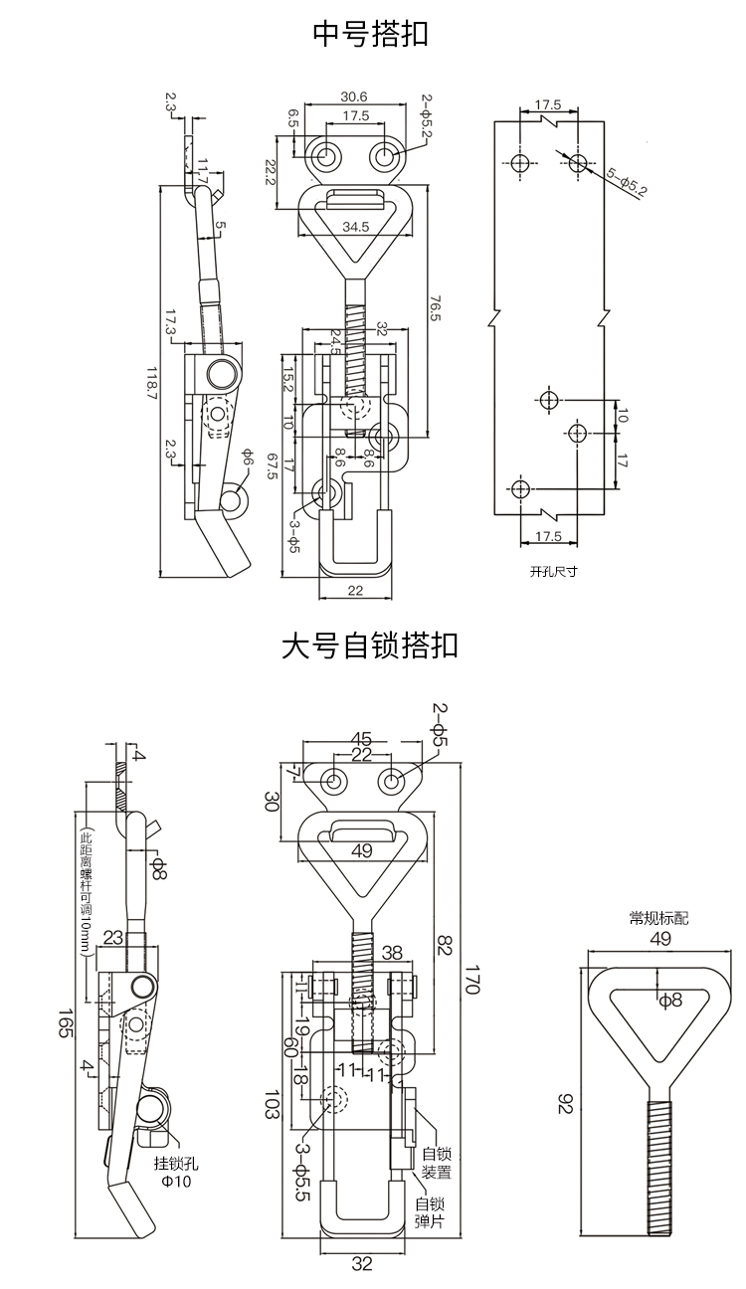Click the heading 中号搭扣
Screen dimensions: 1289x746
coord(371,35)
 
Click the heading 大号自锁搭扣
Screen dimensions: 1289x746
coord(370,646)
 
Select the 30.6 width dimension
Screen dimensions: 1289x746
coord(353,96)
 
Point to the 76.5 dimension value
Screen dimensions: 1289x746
coord(435,305)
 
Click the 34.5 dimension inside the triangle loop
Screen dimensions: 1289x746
coord(355,227)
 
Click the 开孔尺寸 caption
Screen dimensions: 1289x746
coord(553,571)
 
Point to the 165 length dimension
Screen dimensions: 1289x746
coord(66,1025)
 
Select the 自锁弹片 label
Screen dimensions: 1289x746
coord(435,1211)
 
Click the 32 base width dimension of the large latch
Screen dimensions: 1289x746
coord(362,1264)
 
